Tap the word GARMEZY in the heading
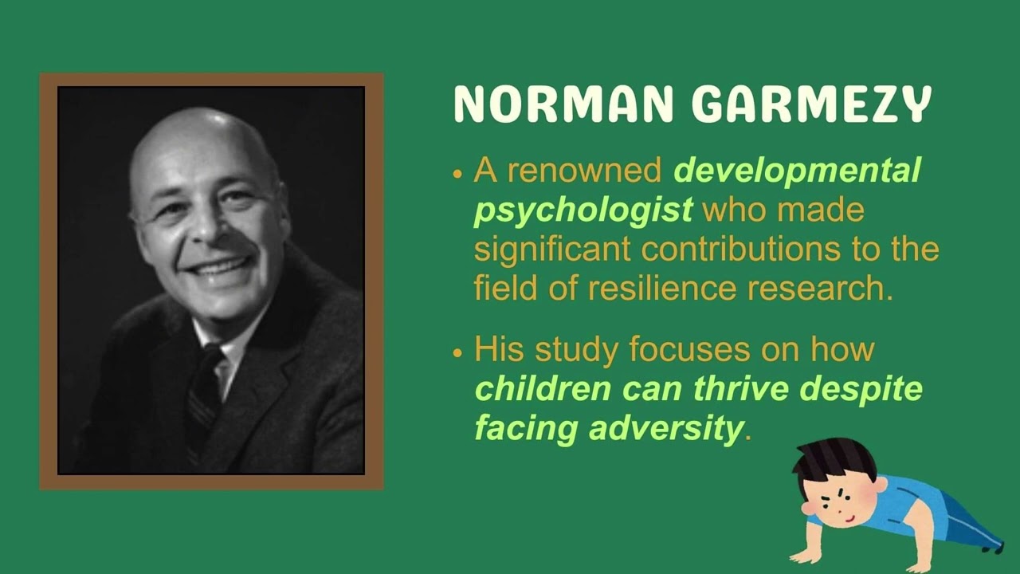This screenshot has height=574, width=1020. click(x=811, y=104)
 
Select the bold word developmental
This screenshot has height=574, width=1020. click(x=797, y=171)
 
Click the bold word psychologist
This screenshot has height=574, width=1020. click(x=583, y=210)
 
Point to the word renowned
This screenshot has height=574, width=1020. click(x=584, y=171)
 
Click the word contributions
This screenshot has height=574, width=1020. click(x=739, y=250)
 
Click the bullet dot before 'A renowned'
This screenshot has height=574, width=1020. click(x=457, y=172)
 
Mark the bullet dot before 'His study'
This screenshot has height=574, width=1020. click(x=457, y=352)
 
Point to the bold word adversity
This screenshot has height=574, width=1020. click(x=665, y=429)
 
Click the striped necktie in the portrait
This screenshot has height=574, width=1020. click(x=204, y=391)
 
